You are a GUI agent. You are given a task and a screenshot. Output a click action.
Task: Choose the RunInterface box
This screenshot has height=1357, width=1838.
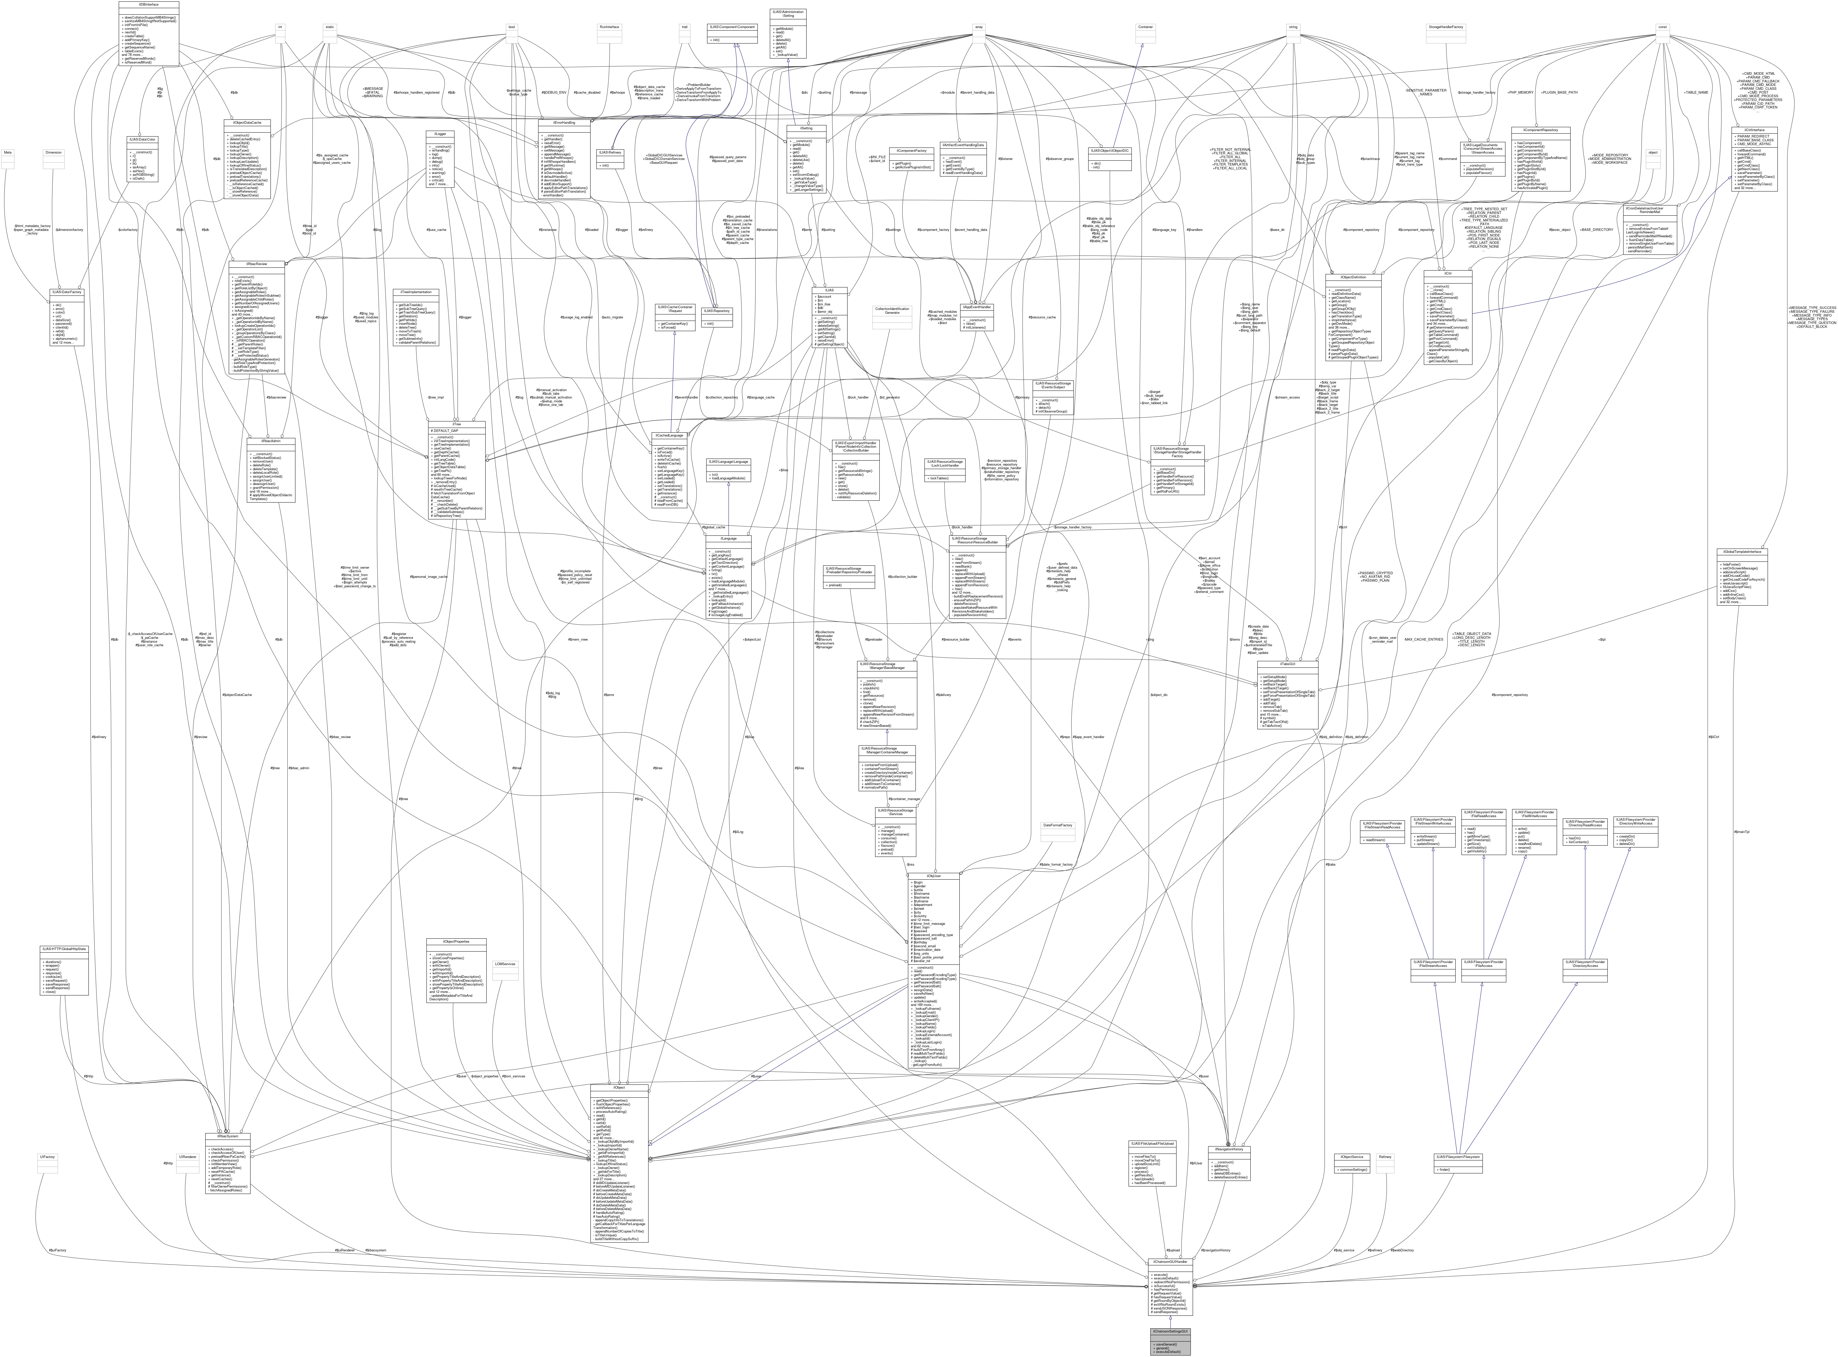[x=608, y=27]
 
